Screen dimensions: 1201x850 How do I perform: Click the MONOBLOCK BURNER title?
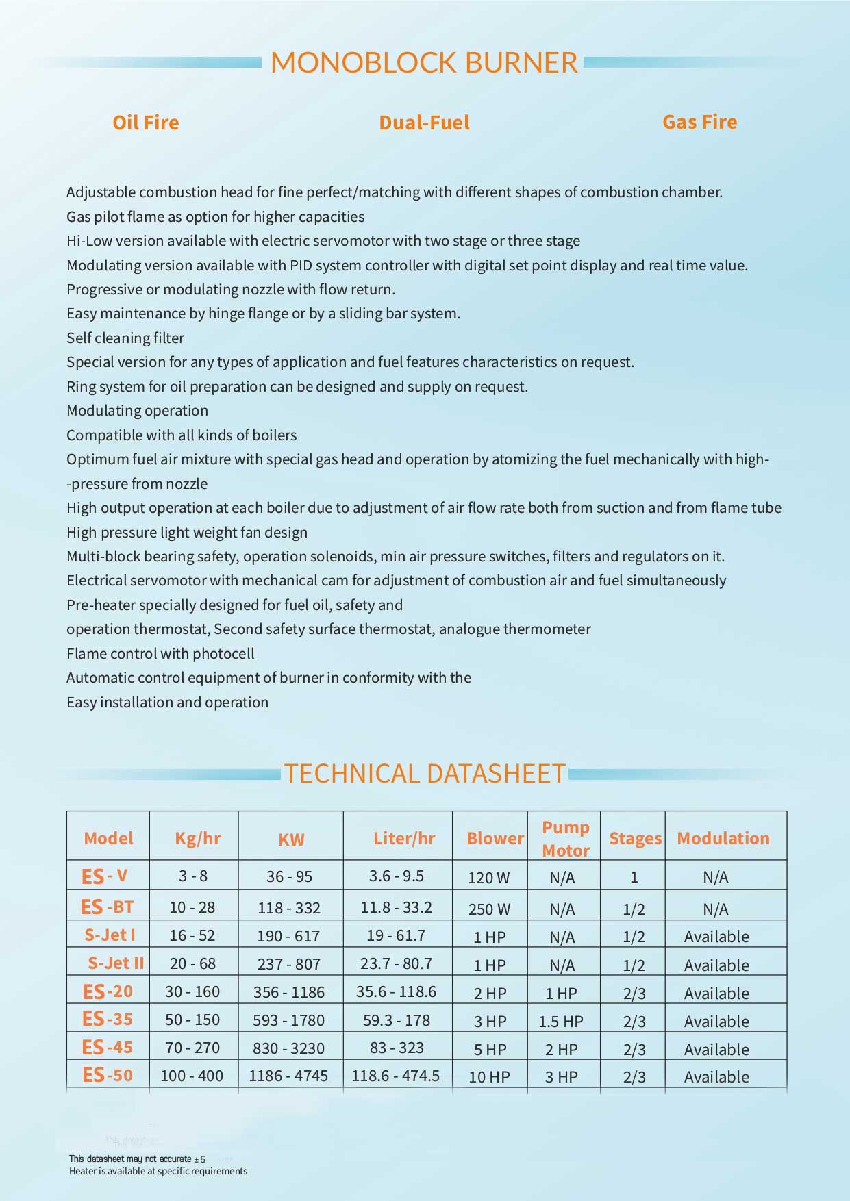pyautogui.click(x=424, y=62)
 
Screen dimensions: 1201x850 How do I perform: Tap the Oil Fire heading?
pyautogui.click(x=146, y=123)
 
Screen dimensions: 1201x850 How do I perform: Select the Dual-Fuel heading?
pyautogui.click(x=424, y=123)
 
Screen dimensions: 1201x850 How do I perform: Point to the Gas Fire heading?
pyautogui.click(x=699, y=122)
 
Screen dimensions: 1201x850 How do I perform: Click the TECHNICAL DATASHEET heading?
pyautogui.click(x=425, y=773)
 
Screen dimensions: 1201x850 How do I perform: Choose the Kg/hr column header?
pyautogui.click(x=198, y=838)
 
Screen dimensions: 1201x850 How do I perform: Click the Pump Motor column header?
pyautogui.click(x=566, y=838)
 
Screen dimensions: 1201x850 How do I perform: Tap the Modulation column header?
pyautogui.click(x=723, y=838)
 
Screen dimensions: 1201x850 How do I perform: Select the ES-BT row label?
pyautogui.click(x=108, y=907)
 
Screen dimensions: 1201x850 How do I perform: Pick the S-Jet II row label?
pyautogui.click(x=116, y=963)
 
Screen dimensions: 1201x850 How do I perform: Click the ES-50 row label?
pyautogui.click(x=108, y=1075)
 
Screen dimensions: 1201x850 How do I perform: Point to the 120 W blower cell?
pyautogui.click(x=489, y=877)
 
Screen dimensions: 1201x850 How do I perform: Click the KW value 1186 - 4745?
pyautogui.click(x=288, y=1076)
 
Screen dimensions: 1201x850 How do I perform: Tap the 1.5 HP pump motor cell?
pyautogui.click(x=561, y=1021)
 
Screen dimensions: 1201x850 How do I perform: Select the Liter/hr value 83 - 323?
pyautogui.click(x=397, y=1048)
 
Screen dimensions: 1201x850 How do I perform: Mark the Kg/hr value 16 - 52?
pyautogui.click(x=192, y=935)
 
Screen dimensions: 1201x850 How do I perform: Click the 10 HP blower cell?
pyautogui.click(x=489, y=1076)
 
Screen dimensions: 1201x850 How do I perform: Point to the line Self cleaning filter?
pyautogui.click(x=125, y=338)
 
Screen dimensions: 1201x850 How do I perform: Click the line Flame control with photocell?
pyautogui.click(x=160, y=653)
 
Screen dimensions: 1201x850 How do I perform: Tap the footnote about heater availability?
pyautogui.click(x=158, y=1171)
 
